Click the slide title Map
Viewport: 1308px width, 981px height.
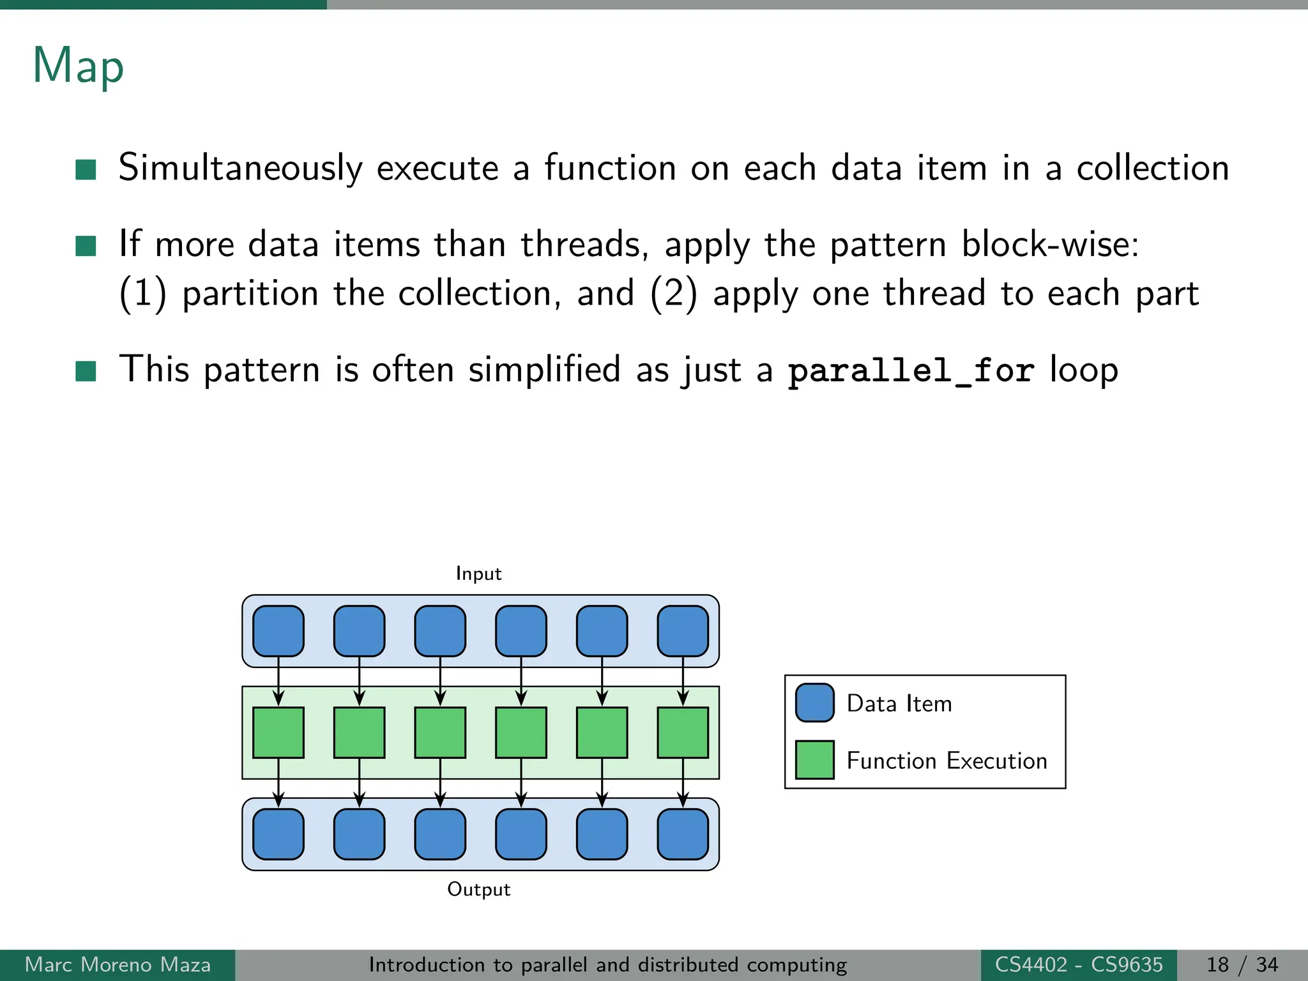pyautogui.click(x=78, y=66)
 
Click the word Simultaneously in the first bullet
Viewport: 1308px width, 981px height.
pyautogui.click(x=240, y=168)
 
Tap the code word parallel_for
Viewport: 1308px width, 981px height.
pyautogui.click(x=910, y=370)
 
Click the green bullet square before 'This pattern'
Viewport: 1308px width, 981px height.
pyautogui.click(x=86, y=370)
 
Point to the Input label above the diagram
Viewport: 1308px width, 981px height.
pyautogui.click(x=478, y=574)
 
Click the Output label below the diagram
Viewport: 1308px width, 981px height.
pyautogui.click(x=478, y=889)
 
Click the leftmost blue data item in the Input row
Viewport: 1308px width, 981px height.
pyautogui.click(x=278, y=631)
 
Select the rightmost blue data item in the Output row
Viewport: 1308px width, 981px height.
pyautogui.click(x=683, y=834)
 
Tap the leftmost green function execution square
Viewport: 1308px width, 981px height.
pyautogui.click(x=278, y=733)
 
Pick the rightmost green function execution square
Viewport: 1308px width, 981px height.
pyautogui.click(x=683, y=733)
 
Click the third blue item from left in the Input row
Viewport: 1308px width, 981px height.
pyautogui.click(x=440, y=631)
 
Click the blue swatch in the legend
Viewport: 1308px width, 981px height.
pyautogui.click(x=814, y=703)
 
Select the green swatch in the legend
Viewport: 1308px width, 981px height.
pyautogui.click(x=814, y=760)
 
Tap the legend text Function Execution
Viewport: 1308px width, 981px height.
pyautogui.click(x=947, y=761)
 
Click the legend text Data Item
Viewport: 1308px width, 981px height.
pyautogui.click(x=899, y=703)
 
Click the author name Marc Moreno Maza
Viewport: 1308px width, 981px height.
pyautogui.click(x=118, y=964)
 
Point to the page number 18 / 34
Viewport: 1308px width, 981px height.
pyautogui.click(x=1242, y=964)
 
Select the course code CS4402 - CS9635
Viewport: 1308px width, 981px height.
pyautogui.click(x=1078, y=964)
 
